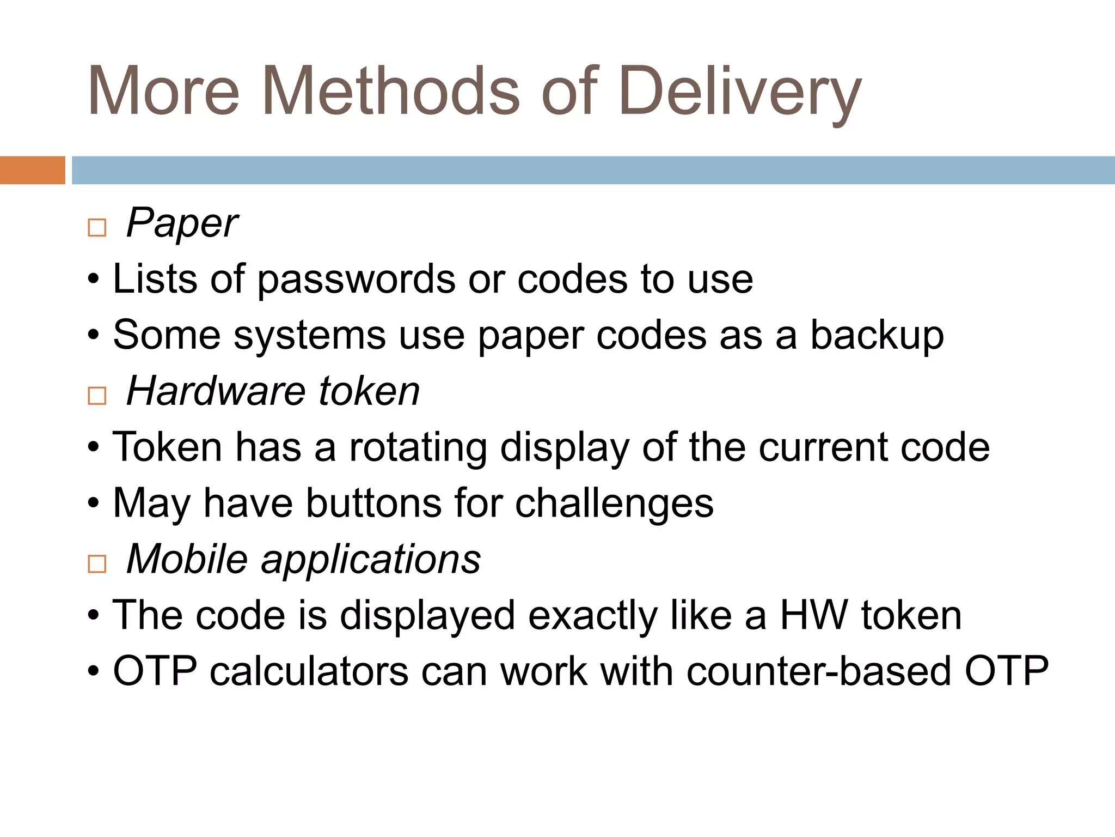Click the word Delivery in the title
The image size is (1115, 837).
click(x=739, y=92)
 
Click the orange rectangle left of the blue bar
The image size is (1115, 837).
click(x=32, y=170)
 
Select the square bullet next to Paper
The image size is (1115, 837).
click(x=97, y=227)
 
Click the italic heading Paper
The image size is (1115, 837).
click(x=182, y=223)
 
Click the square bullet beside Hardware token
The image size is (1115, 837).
click(x=97, y=395)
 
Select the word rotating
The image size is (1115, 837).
click(x=418, y=447)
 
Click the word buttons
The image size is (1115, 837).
click(x=374, y=503)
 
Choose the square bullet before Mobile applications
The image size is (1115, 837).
click(x=97, y=563)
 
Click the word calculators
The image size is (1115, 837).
click(x=309, y=671)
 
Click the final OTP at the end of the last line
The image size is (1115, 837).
click(x=1006, y=671)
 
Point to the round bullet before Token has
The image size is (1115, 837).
click(x=94, y=448)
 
